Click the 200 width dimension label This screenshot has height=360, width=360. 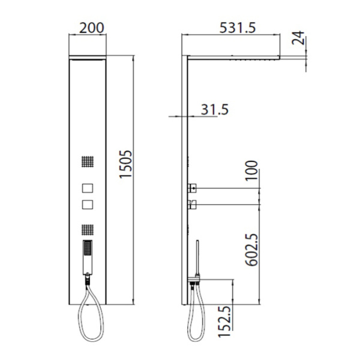point(92,28)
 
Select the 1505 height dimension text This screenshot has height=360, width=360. point(125,164)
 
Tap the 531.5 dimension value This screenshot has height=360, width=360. point(238,28)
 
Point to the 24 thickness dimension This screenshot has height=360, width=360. point(298,38)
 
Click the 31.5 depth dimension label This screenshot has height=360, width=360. point(215,110)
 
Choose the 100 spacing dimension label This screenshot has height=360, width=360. point(251,171)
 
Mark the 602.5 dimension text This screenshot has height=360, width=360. point(251,250)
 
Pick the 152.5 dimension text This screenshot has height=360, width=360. point(224,322)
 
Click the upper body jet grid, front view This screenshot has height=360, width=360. point(88,161)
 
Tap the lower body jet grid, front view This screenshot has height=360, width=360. point(88,230)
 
